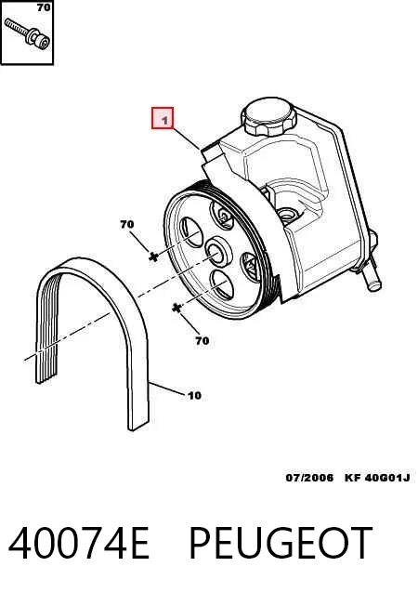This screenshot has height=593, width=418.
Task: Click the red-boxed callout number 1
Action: (163, 118)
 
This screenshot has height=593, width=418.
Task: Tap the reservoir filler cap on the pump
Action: (268, 116)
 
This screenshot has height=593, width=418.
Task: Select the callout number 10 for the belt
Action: (194, 396)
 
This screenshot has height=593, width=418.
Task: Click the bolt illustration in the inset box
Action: (27, 34)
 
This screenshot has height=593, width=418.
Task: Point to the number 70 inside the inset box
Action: (44, 7)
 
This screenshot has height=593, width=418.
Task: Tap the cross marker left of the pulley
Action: (153, 257)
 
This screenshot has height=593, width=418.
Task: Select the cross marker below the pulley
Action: (176, 309)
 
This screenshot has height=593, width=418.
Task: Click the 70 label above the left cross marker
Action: (127, 224)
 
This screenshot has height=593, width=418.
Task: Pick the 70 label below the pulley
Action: (202, 341)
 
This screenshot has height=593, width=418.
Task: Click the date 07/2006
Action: (309, 478)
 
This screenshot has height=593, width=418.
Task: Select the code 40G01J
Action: (388, 478)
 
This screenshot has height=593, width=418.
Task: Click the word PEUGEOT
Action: (281, 543)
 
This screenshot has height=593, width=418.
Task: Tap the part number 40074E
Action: (79, 543)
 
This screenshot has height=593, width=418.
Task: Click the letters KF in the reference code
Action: (353, 478)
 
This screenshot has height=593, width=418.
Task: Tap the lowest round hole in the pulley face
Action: (222, 284)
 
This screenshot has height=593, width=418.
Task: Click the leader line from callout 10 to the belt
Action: (168, 389)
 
